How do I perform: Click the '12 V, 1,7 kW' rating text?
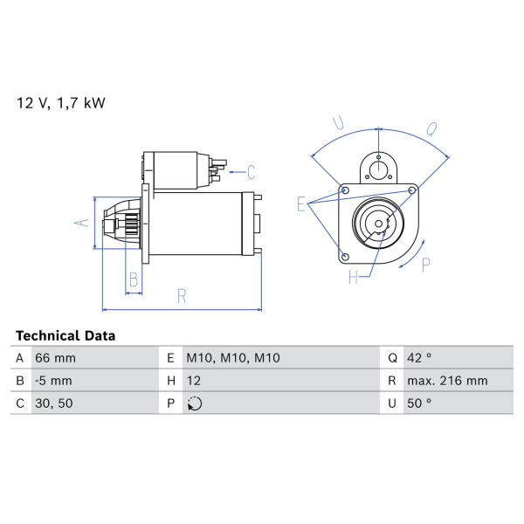coord(61,103)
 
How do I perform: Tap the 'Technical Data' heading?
coord(65,335)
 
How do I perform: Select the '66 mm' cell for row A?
coord(56,358)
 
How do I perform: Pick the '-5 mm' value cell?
coord(53,381)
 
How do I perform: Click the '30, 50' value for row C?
coord(54,403)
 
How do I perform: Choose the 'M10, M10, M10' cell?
coord(233,358)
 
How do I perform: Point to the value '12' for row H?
coord(194,381)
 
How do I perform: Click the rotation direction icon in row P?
coord(195,403)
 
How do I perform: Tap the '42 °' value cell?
coord(419,358)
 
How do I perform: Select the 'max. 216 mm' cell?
coord(447,381)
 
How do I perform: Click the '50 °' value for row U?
coord(419,403)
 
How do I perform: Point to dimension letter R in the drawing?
coord(182,296)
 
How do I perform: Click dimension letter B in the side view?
coord(134,279)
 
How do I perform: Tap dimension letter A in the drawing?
coord(82,223)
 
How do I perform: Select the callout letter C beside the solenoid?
coord(252,172)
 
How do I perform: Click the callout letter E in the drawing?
coord(301,203)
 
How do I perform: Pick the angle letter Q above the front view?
coord(431,129)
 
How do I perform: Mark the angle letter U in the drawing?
coord(339,122)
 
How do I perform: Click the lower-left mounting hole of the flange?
coord(346,257)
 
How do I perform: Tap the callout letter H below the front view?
coord(354,277)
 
